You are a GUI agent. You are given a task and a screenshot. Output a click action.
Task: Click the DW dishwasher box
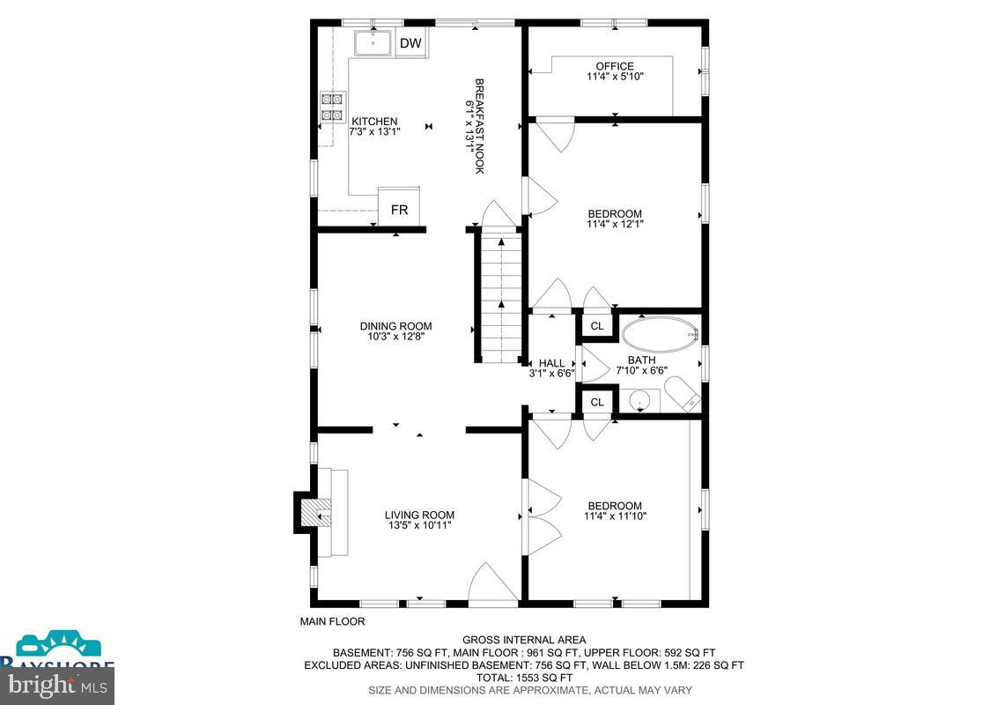coord(410,43)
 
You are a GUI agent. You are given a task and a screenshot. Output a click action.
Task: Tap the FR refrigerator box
coord(399,210)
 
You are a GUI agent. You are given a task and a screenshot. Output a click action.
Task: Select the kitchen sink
coord(374,42)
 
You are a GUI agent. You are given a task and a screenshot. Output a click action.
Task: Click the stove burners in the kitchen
coord(331,107)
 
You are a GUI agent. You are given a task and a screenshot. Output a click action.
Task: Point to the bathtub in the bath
coord(659,335)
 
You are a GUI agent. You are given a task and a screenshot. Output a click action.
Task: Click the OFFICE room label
coord(614,66)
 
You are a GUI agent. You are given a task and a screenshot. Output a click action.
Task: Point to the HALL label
coord(551,363)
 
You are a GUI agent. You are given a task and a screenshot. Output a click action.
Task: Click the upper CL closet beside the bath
coord(596,327)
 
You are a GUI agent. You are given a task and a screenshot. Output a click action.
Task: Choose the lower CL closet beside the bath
coord(596,402)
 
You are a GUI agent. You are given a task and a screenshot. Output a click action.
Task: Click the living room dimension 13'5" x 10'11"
coord(419,526)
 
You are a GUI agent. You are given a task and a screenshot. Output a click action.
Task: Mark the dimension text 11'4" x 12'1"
coord(615,225)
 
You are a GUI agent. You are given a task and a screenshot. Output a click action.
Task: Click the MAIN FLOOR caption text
coord(332,621)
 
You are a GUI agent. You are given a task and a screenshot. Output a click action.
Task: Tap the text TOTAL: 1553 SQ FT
coord(524,678)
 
